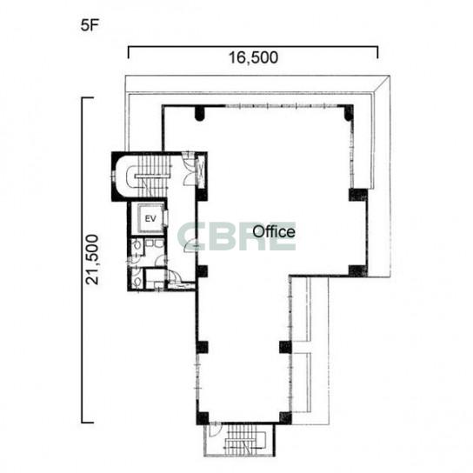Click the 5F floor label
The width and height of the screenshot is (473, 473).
click(90, 25)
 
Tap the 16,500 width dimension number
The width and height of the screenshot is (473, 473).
click(253, 57)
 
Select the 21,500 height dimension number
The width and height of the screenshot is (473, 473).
click(92, 259)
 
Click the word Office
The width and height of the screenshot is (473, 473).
click(274, 231)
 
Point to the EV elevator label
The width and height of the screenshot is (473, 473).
click(150, 218)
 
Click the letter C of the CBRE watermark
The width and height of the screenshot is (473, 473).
click(190, 236)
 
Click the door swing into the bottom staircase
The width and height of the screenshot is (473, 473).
click(215, 430)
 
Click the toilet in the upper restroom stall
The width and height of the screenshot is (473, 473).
click(137, 245)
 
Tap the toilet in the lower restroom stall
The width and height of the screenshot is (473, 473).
click(137, 281)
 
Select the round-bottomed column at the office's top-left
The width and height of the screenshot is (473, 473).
click(199, 113)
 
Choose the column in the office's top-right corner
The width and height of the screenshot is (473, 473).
click(348, 112)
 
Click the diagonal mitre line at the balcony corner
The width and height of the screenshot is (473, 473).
click(382, 83)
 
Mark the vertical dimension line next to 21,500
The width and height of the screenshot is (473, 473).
click(83, 305)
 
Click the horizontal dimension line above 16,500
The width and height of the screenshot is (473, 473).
click(253, 47)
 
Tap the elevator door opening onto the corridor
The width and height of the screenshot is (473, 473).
click(165, 217)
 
